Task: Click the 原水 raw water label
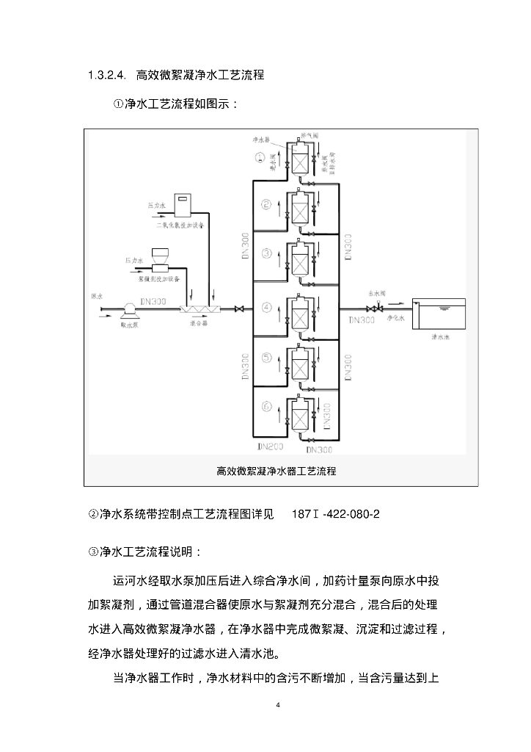pos(96,296)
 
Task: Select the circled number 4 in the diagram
pos(267,307)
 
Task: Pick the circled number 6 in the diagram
pos(267,405)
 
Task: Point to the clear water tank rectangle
pos(439,313)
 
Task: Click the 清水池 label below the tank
pos(442,340)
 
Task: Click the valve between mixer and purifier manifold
pos(238,309)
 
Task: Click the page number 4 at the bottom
pos(278,706)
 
